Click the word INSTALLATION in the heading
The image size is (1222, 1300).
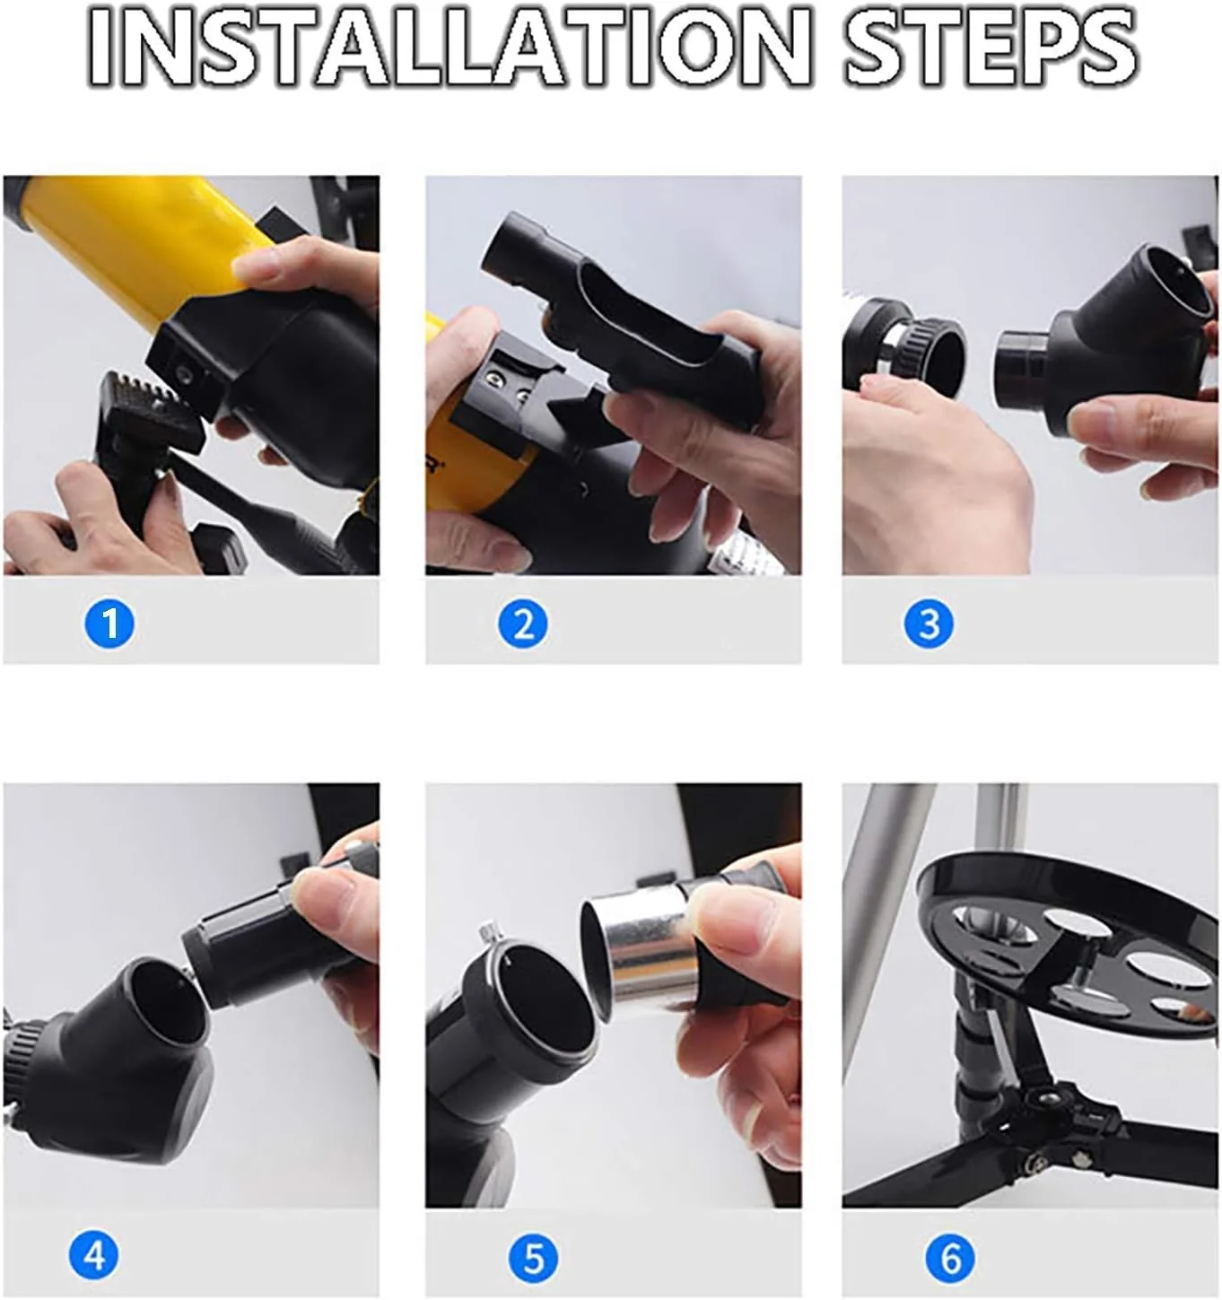449,48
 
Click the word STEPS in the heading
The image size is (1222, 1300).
991,48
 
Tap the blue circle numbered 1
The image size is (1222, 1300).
109,624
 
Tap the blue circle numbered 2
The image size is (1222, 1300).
522,624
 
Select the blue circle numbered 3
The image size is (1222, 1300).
929,624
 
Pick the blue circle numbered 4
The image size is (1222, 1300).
93,1255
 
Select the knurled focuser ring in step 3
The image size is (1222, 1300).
929,350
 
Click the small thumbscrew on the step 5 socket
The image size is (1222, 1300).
489,933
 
